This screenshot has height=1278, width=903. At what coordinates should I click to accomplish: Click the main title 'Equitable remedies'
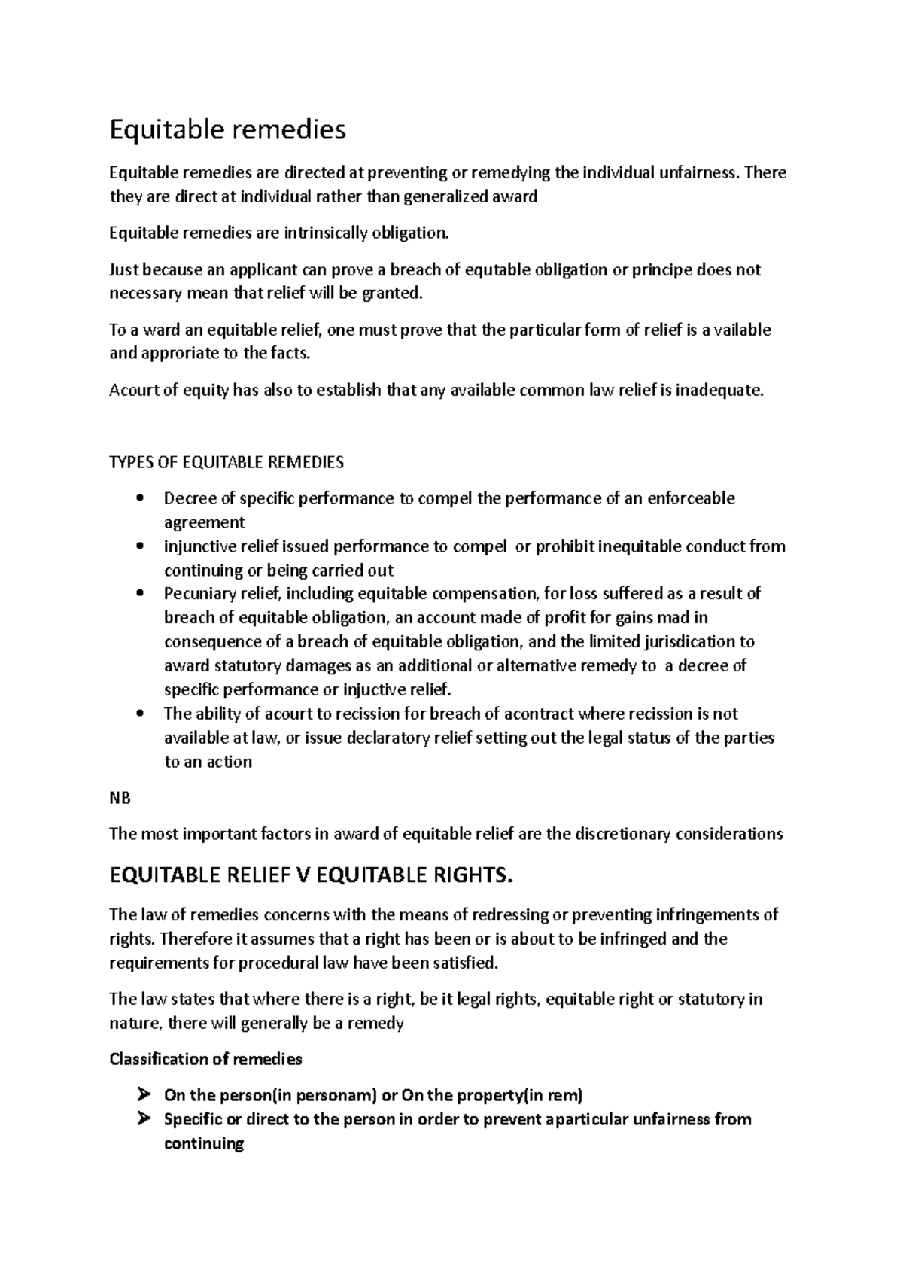click(227, 130)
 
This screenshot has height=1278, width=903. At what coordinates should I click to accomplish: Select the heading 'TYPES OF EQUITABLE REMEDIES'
click(227, 462)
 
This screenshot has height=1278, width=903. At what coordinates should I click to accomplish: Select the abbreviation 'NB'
click(120, 799)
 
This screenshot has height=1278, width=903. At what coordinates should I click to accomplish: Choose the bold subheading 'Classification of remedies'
click(205, 1060)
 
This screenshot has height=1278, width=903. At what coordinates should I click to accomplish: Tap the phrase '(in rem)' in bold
click(553, 1096)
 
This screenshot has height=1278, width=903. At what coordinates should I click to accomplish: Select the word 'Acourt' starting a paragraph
click(131, 391)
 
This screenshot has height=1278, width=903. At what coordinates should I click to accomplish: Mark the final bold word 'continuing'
click(204, 1144)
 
